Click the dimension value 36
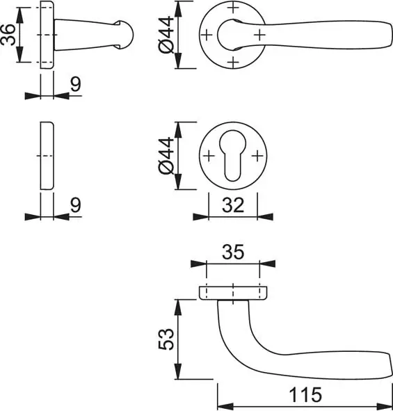coord(8,35)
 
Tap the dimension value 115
coord(305,395)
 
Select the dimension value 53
coord(166,339)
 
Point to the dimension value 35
coord(233,252)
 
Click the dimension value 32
coord(233,205)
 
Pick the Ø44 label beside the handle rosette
coord(166,35)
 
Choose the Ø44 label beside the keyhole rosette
coord(166,156)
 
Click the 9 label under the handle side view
coord(76,84)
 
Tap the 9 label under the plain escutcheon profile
coord(76,205)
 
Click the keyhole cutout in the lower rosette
coord(233,155)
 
